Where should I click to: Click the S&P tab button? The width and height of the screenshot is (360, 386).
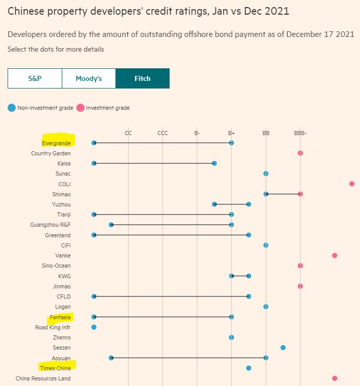[34, 78]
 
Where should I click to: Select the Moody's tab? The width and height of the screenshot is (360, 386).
[89, 78]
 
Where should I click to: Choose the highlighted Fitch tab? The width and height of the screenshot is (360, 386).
[142, 78]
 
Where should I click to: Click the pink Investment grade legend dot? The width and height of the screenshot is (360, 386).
[80, 108]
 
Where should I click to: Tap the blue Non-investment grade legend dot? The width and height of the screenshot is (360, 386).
[12, 108]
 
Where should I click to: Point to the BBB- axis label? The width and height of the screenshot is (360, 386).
[300, 133]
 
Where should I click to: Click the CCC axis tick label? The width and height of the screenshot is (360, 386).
[163, 133]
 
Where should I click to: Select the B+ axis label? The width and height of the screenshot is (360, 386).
[231, 133]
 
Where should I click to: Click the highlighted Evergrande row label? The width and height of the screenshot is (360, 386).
[57, 143]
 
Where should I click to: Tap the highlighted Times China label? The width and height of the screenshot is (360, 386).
[56, 368]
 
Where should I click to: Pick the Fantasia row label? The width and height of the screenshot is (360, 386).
[60, 317]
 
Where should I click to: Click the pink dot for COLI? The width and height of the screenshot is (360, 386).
[352, 184]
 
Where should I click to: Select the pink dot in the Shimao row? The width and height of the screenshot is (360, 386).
[300, 194]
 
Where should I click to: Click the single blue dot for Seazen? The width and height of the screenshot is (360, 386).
[283, 348]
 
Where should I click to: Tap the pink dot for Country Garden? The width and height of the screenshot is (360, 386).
[300, 153]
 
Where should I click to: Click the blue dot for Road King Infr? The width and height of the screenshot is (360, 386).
[94, 327]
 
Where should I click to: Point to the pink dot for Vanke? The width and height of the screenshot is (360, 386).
[335, 255]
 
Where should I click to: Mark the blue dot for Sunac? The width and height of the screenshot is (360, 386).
[266, 174]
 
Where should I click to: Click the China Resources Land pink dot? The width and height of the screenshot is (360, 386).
[335, 378]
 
